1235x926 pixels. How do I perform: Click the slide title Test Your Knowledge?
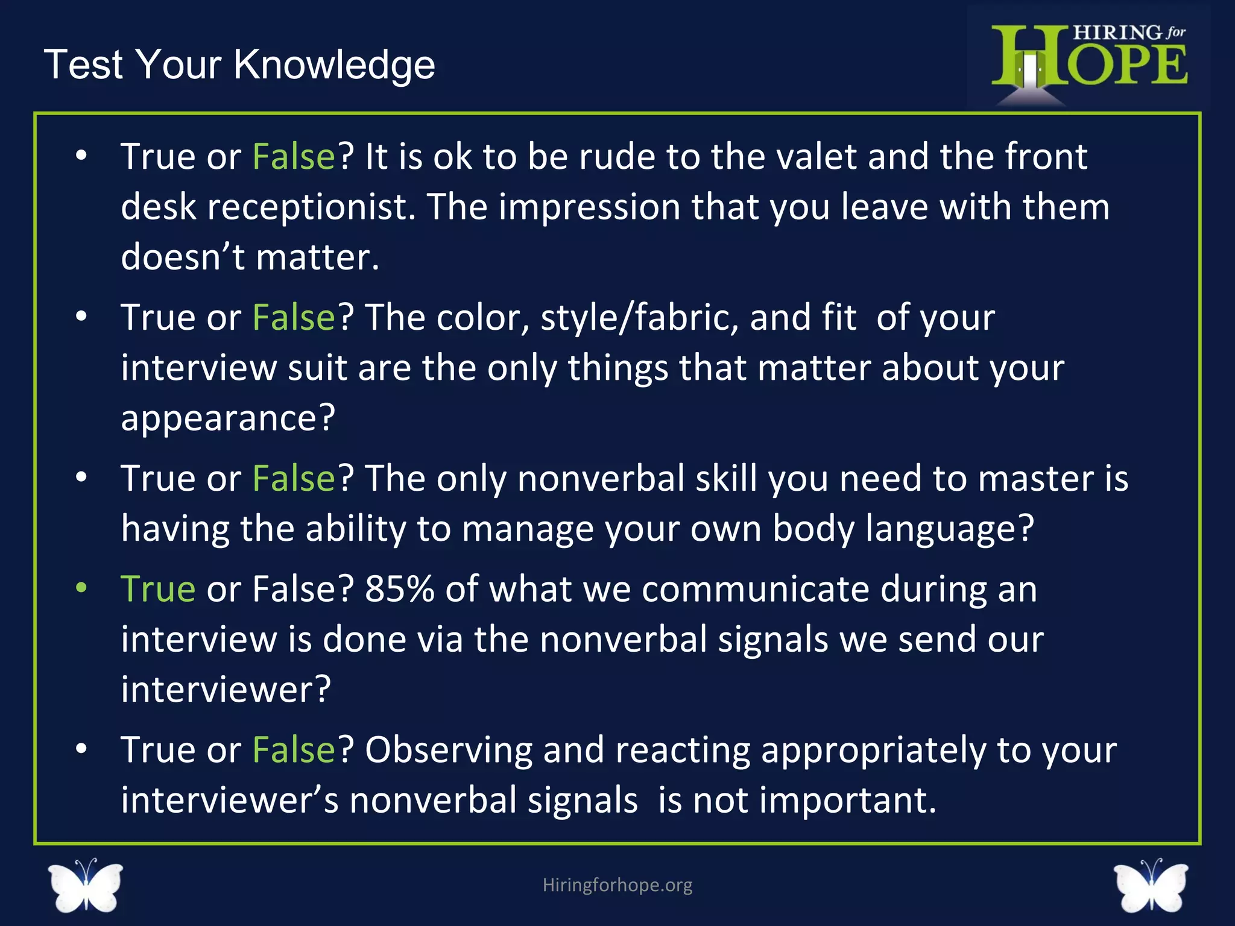click(x=239, y=64)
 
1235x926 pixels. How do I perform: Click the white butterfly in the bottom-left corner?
click(x=86, y=885)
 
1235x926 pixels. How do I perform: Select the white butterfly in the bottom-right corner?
click(x=1151, y=885)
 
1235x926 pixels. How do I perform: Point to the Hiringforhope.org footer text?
click(x=617, y=884)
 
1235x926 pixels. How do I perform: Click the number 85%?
click(x=399, y=589)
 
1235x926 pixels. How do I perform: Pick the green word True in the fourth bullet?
click(x=158, y=589)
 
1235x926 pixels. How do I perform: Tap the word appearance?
click(x=228, y=418)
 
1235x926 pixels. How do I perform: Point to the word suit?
click(x=317, y=368)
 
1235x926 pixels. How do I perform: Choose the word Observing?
click(x=449, y=750)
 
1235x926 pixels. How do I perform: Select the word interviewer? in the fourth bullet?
click(x=226, y=689)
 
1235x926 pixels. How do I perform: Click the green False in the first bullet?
click(x=294, y=157)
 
